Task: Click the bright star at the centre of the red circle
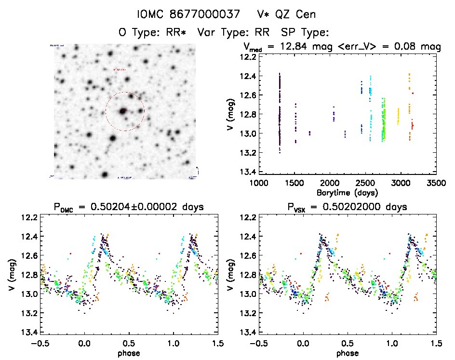point(123,111)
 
